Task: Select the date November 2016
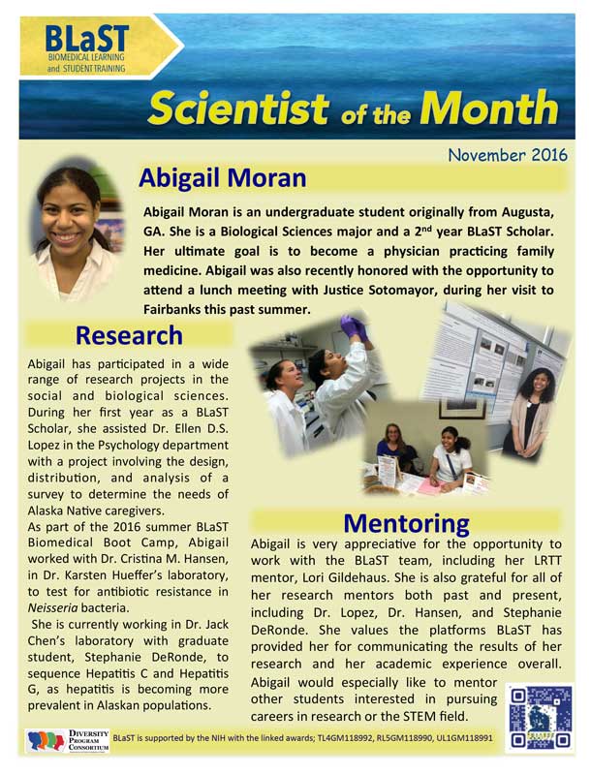pos(508,155)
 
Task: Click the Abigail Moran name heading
pos(222,178)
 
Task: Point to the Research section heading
pos(129,335)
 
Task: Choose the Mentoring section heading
pos(406,523)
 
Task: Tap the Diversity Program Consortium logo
pos(63,740)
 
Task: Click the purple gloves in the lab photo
pos(351,326)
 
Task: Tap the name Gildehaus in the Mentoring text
pos(431,581)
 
